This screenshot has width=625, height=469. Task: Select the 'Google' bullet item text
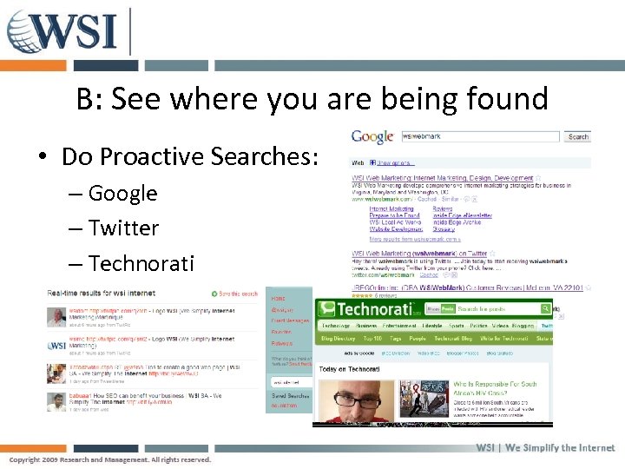pos(122,193)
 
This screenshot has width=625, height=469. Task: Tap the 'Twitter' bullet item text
pos(123,228)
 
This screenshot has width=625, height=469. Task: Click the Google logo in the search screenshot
pos(372,137)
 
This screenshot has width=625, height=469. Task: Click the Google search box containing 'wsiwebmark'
pos(478,136)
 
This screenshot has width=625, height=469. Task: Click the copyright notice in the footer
pos(110,459)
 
